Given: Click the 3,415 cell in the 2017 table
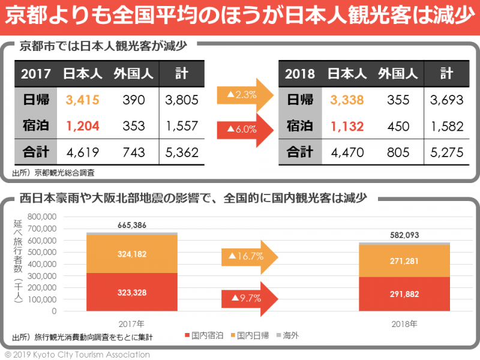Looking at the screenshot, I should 82,100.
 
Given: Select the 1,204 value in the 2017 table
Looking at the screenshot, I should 82,125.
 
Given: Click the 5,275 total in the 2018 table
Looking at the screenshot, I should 446,152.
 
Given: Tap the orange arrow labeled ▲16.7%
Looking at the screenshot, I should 249,256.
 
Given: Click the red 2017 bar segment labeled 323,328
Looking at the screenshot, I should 132,292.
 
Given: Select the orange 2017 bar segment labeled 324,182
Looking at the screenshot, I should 132,254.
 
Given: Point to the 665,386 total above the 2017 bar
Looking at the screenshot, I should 132,225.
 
